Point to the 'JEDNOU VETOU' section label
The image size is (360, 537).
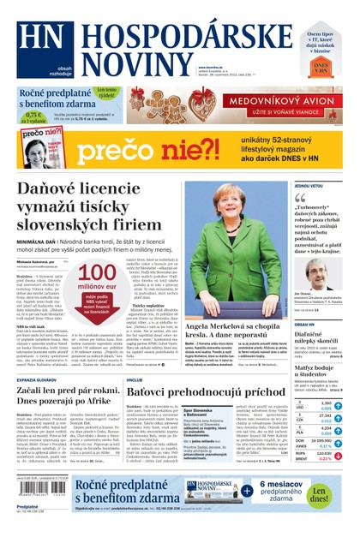[x=309, y=186]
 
